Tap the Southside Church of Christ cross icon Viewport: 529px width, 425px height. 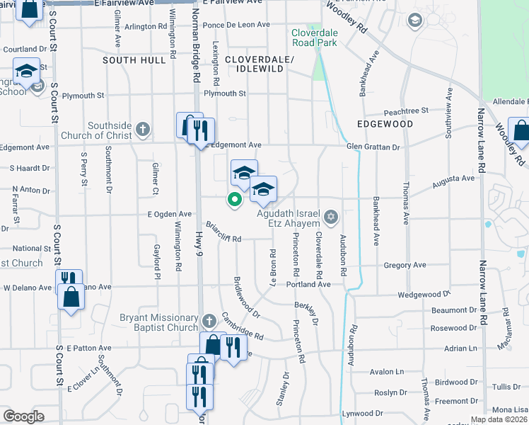tap(143, 128)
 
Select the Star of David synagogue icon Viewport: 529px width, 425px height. tap(330, 215)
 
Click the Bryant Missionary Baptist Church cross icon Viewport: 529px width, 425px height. tap(208, 321)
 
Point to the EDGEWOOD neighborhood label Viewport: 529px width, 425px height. tap(385, 124)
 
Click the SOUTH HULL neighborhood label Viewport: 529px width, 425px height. tap(134, 60)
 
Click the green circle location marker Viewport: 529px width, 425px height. tap(234, 200)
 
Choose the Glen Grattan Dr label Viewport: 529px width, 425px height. tap(373, 147)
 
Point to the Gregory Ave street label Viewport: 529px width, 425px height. tap(405, 265)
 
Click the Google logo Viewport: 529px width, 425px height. tap(23, 416)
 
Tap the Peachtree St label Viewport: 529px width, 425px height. tap(406, 111)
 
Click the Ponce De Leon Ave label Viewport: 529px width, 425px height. tap(236, 25)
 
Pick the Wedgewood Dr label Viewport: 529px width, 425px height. tap(424, 294)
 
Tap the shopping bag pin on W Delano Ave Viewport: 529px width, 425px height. tap(71, 296)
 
